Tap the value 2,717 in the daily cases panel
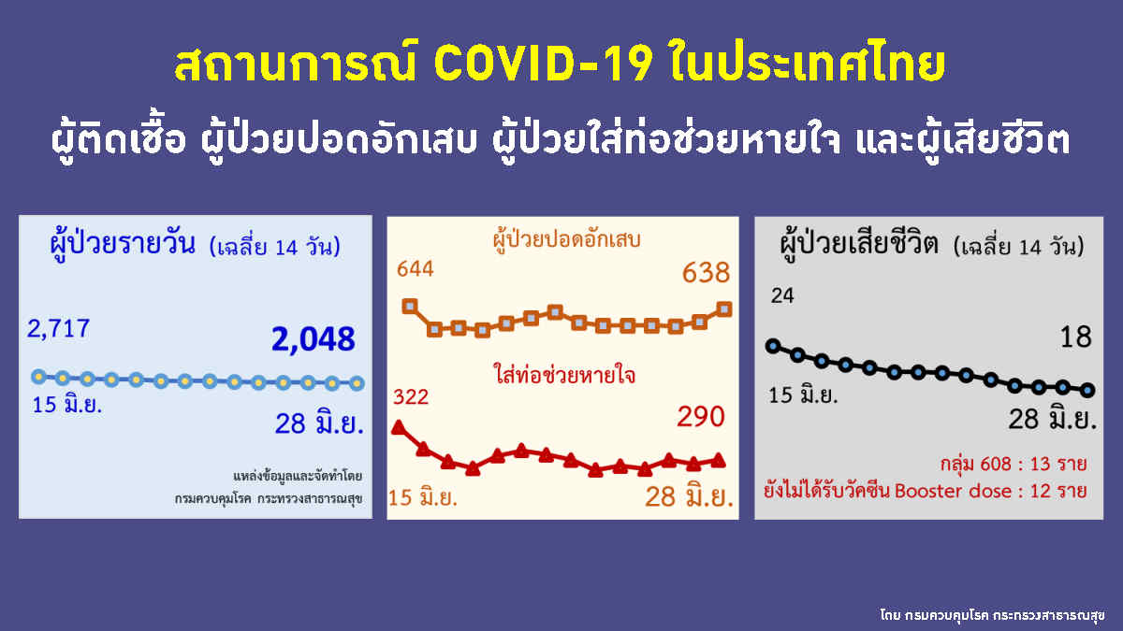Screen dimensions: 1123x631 click(x=59, y=329)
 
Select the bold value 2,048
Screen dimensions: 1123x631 click(x=314, y=339)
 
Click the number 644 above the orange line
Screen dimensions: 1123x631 click(x=416, y=269)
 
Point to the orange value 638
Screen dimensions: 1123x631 click(x=706, y=273)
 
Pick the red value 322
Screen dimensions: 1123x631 click(x=411, y=397)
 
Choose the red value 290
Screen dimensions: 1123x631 click(x=701, y=417)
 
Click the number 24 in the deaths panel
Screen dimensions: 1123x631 click(x=782, y=296)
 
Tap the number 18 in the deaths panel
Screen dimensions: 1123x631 click(x=1076, y=337)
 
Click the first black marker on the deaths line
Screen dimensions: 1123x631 click(x=774, y=346)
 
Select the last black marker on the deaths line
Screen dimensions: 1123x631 click(x=1087, y=390)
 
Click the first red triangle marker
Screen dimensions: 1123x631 click(x=398, y=427)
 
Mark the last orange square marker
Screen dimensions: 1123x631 click(x=724, y=309)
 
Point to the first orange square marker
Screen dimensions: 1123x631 click(x=410, y=306)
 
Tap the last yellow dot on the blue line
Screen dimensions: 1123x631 click(x=357, y=383)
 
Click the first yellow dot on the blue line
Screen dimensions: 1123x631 click(x=38, y=377)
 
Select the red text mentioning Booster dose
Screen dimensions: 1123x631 click(x=926, y=491)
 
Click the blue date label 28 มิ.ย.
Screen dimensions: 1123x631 click(x=319, y=423)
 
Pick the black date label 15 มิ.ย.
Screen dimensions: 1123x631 click(x=803, y=395)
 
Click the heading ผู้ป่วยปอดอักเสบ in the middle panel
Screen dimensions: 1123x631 click(x=567, y=239)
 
